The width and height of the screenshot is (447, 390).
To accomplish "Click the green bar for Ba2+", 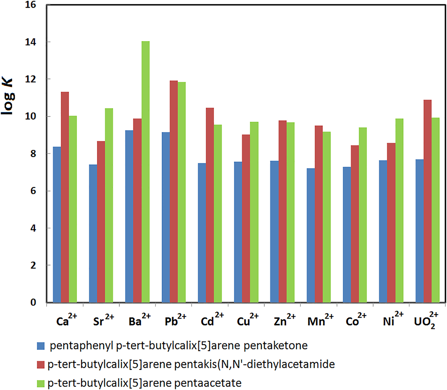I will [x=145, y=172].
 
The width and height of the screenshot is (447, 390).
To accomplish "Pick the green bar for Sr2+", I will [x=109, y=205].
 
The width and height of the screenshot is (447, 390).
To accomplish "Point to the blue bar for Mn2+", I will [x=311, y=235].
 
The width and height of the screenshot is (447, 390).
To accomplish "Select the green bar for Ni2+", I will [x=399, y=210].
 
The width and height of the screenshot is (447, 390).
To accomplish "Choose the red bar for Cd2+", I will [x=210, y=205].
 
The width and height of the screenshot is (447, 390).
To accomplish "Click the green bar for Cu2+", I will [x=254, y=212].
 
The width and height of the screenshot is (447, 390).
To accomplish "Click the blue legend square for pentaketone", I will [x=41, y=346].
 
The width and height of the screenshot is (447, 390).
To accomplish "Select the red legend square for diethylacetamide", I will [x=41, y=364].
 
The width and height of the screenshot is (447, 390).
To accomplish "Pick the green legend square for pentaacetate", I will [x=41, y=383].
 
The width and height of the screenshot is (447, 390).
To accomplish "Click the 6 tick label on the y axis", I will [x=33, y=191].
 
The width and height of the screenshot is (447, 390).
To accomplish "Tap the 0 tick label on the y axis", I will [x=33, y=302].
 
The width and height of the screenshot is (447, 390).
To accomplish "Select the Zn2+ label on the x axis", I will [x=284, y=320].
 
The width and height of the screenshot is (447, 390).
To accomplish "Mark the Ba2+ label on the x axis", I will [x=139, y=320].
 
